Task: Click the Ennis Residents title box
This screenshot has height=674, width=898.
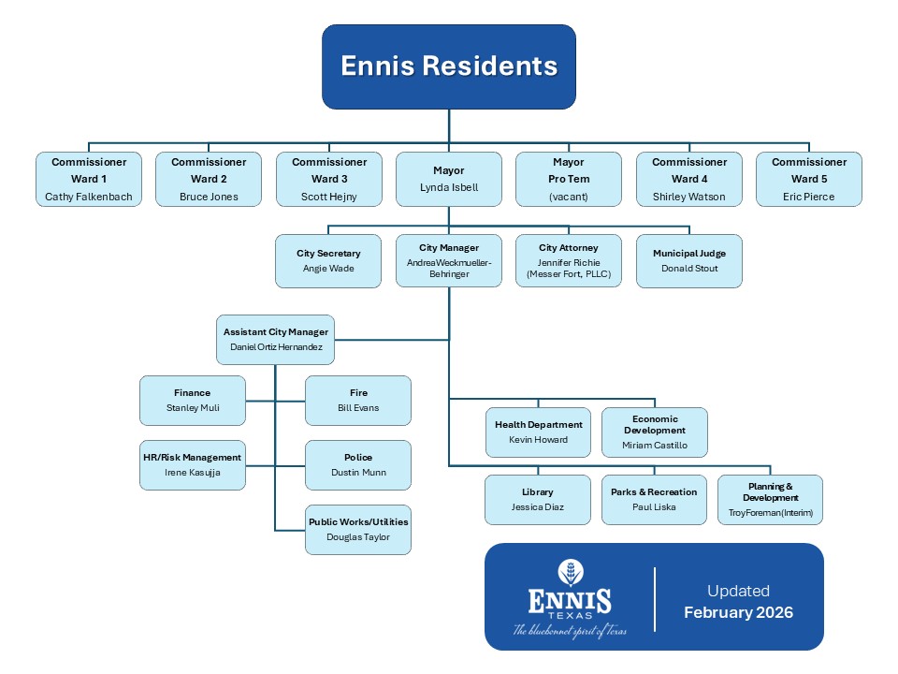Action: tap(449, 66)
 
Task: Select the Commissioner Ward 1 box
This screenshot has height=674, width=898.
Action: tap(89, 179)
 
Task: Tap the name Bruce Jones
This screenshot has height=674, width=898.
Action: tap(209, 198)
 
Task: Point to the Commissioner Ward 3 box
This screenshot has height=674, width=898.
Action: tap(329, 179)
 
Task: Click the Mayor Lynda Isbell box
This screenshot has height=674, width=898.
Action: tap(449, 179)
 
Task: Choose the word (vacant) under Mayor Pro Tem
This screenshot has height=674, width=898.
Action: tap(569, 198)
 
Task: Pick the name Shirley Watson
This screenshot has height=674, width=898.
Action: tap(689, 198)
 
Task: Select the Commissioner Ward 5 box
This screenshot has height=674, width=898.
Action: tap(809, 179)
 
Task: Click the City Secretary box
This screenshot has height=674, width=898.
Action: tap(328, 260)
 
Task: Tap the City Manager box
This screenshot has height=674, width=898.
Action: tap(449, 260)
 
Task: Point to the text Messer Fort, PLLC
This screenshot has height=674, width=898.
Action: tap(569, 274)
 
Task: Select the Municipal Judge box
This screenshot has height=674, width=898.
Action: tap(689, 260)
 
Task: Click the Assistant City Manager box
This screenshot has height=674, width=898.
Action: tap(276, 339)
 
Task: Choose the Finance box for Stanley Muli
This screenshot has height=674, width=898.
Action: tap(192, 400)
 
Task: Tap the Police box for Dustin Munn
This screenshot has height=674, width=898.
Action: tap(358, 464)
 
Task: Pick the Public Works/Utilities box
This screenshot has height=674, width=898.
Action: tap(358, 529)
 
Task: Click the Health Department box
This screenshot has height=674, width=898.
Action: tap(538, 432)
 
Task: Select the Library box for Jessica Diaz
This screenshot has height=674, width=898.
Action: tap(538, 499)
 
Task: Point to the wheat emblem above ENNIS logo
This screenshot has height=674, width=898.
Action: tap(570, 572)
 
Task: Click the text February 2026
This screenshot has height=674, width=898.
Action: tap(738, 613)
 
